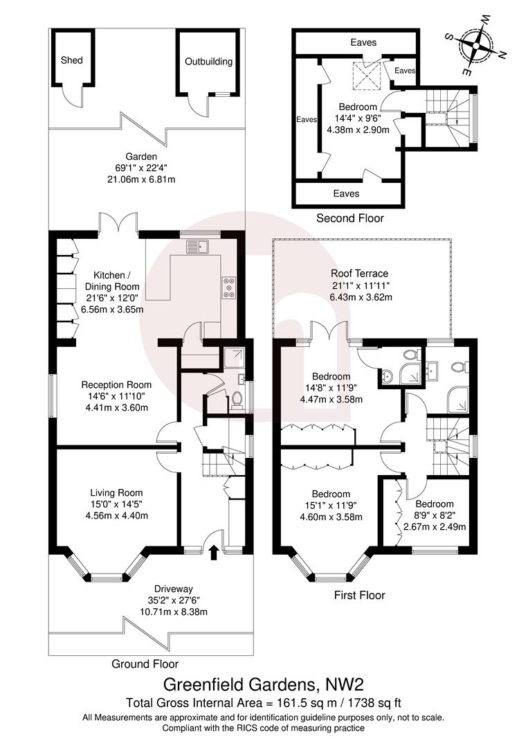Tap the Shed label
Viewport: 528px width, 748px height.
72,60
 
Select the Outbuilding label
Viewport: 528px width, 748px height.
208,62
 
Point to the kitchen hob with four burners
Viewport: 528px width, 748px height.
228,286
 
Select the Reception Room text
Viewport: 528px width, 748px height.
116,384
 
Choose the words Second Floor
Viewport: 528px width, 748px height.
349,218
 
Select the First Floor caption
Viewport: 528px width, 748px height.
359,595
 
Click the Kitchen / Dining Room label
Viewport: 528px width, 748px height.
112,280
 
